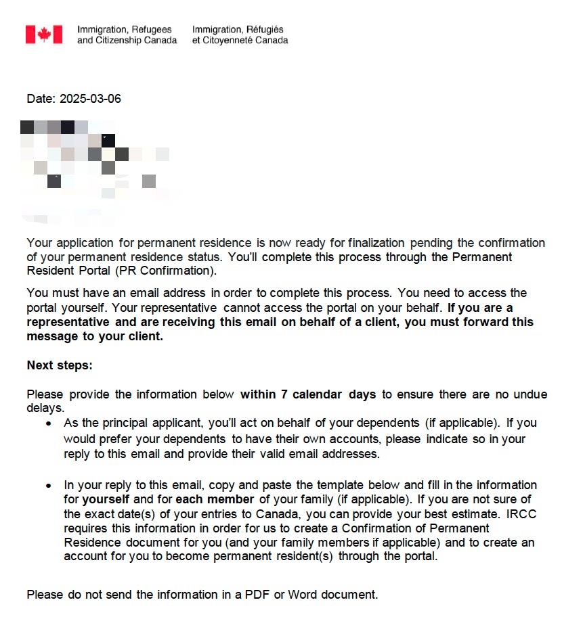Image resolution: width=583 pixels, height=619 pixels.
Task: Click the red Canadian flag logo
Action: pyautogui.click(x=44, y=35)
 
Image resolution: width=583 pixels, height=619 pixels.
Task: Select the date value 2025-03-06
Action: pyautogui.click(x=90, y=99)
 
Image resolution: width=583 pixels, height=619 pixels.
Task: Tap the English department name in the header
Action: pyautogui.click(x=127, y=35)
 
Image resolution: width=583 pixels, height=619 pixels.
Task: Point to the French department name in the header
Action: pyautogui.click(x=240, y=35)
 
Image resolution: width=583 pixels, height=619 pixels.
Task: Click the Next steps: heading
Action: pyautogui.click(x=60, y=365)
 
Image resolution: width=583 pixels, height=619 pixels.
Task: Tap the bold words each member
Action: pyautogui.click(x=215, y=500)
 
